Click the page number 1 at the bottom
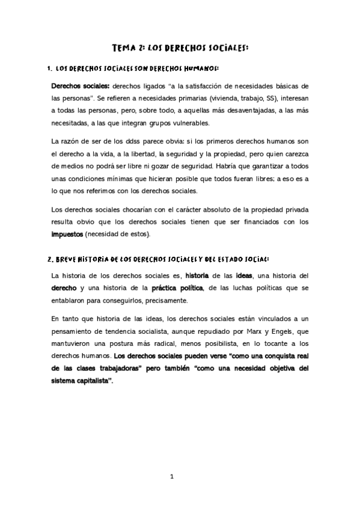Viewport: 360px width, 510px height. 172,478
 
